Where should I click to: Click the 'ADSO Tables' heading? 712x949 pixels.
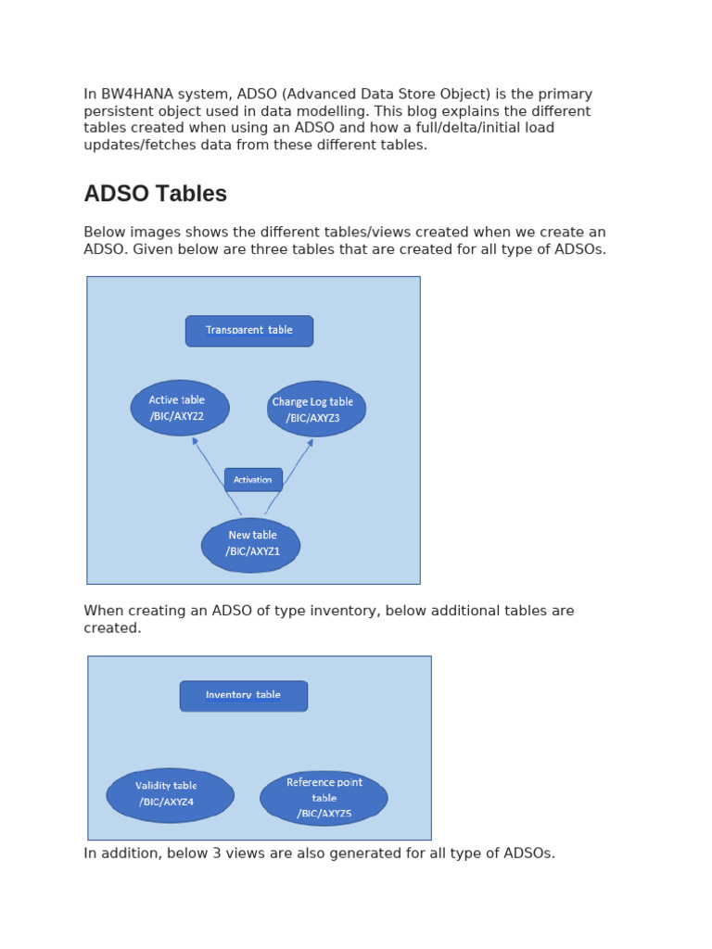tap(155, 194)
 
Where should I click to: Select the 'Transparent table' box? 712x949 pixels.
tap(249, 331)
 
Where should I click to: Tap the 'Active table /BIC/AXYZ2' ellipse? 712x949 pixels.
tap(180, 408)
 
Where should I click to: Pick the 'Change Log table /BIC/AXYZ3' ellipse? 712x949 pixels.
tap(316, 409)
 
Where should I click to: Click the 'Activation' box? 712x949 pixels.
tap(253, 480)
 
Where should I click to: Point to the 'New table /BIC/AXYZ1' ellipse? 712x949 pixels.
tap(251, 544)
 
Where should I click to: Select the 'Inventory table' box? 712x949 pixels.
tap(244, 696)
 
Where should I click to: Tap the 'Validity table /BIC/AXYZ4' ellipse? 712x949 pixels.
tap(170, 794)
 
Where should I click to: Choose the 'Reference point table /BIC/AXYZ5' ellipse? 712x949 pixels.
tap(324, 798)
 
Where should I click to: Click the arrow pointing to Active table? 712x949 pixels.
tap(215, 474)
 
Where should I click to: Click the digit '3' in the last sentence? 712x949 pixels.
tap(250, 854)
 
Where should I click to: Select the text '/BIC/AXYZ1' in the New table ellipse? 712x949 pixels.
tap(252, 551)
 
